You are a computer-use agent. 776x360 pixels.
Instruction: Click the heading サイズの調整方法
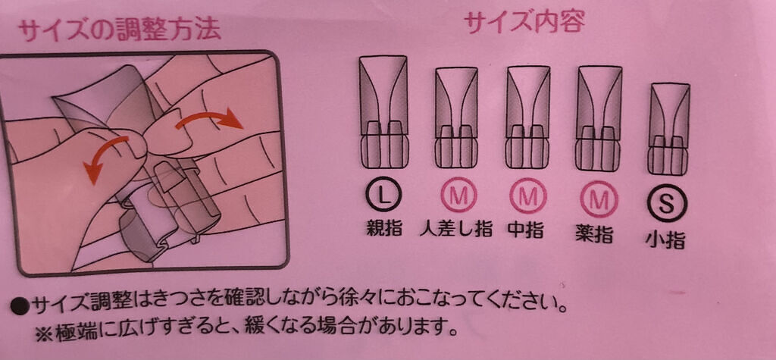[119, 31]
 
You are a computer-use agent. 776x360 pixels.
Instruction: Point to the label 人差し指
[456, 229]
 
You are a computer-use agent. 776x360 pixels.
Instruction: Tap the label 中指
[526, 229]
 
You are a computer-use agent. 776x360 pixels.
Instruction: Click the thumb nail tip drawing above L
[383, 112]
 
